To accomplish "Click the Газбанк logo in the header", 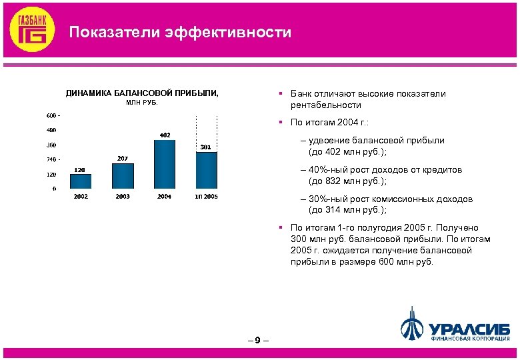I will tap(31, 30).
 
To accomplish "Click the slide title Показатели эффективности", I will tap(181, 32).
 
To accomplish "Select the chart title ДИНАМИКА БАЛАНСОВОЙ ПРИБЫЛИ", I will tap(141, 93).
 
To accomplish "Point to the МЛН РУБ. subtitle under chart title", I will tap(141, 103).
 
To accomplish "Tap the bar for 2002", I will tap(81, 181).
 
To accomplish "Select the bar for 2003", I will tap(123, 176).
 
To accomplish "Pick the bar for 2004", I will tap(165, 164).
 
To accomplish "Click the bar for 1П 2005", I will tap(206, 170).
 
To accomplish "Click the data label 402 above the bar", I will tap(165, 135).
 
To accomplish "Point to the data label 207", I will tap(123, 159).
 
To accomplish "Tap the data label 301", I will tap(206, 147).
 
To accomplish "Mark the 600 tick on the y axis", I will tap(51, 115).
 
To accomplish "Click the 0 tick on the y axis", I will tap(54, 189).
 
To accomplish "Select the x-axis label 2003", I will tap(123, 197).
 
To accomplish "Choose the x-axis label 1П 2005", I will tap(206, 197).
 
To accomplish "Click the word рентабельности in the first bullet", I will tap(325, 105).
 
